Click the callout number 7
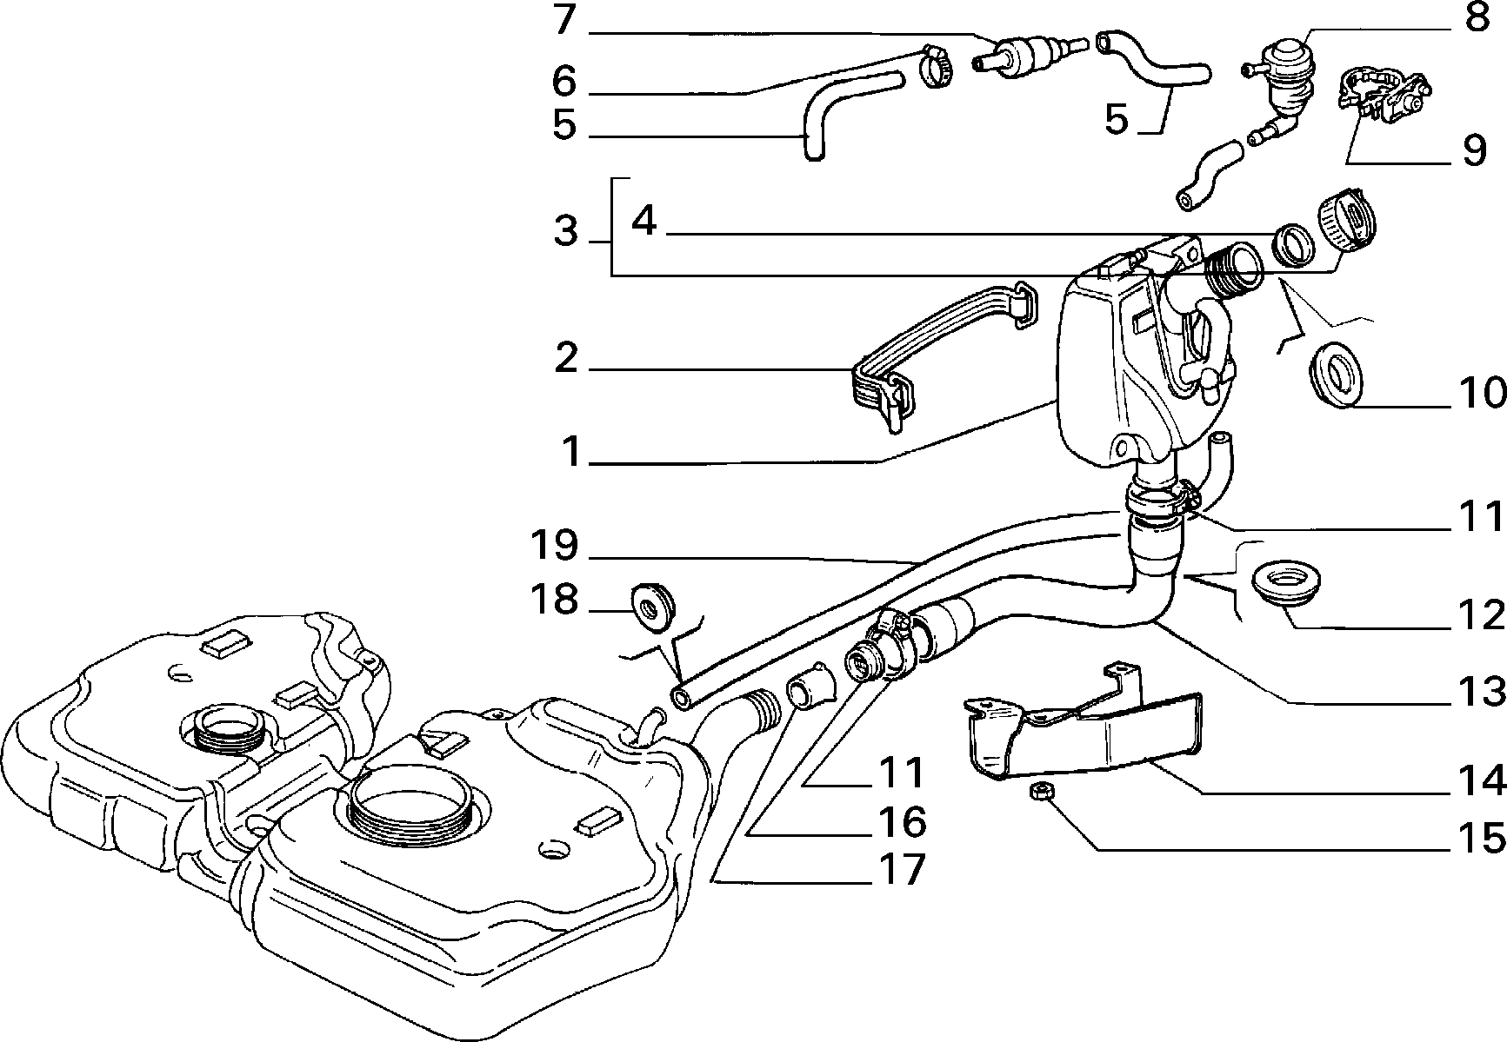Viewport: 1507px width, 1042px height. coord(565,20)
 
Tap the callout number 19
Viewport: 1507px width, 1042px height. coord(555,546)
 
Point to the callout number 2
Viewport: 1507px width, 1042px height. coord(566,358)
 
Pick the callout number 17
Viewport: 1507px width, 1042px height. coord(901,869)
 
